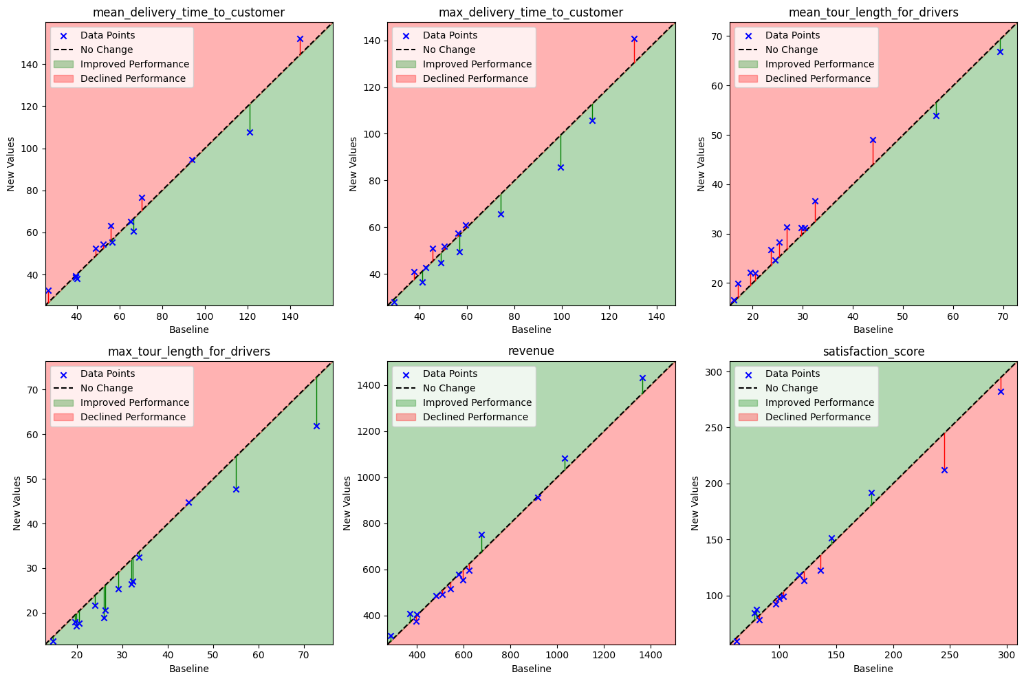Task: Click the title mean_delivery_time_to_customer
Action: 188,12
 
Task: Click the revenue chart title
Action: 531,351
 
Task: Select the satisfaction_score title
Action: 873,351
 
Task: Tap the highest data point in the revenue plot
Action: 642,378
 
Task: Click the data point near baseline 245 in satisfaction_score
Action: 944,470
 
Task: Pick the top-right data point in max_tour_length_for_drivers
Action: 316,426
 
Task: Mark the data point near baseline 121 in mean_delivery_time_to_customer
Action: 250,132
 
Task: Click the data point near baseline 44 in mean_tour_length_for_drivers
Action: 873,140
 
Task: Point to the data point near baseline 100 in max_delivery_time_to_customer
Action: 560,167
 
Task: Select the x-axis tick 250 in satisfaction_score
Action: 950,655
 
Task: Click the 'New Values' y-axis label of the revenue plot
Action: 349,503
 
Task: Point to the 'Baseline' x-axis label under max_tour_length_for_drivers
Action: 188,669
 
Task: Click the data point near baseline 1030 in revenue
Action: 565,458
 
